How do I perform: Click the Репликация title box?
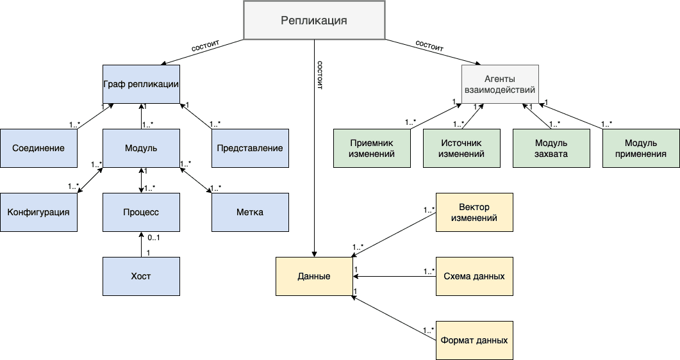314,20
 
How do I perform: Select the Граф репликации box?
141,84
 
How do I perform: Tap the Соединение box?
38,148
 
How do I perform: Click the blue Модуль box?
141,148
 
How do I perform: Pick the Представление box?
250,148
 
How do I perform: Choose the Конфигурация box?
38,212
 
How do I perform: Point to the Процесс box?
141,212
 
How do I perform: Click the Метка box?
250,212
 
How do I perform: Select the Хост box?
141,276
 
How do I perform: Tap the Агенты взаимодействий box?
500,84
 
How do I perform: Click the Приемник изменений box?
372,148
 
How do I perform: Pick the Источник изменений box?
461,148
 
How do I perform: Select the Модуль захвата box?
551,148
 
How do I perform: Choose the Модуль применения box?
641,148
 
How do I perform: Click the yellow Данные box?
314,276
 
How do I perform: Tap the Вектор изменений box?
474,212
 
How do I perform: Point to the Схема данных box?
474,276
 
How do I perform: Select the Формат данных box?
474,340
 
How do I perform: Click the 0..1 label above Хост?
153,238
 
